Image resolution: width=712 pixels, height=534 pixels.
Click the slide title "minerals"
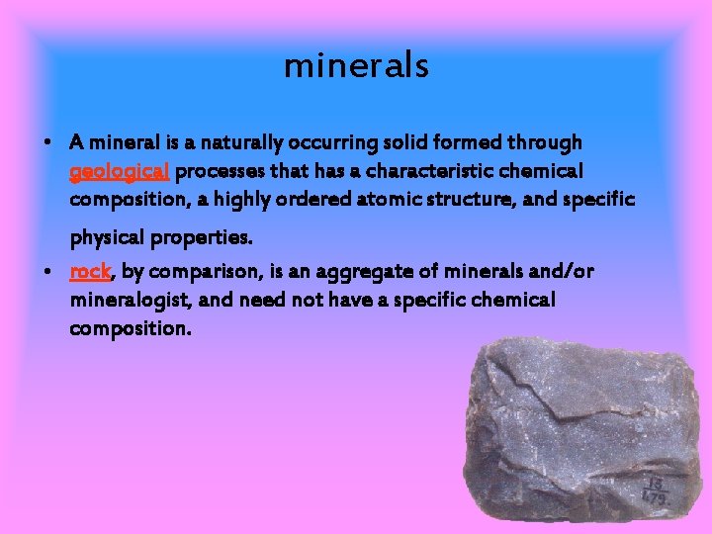click(x=356, y=65)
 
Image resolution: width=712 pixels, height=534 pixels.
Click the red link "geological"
click(x=121, y=172)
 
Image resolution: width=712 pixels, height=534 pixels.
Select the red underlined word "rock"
click(x=90, y=271)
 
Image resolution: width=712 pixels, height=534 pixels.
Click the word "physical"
click(x=107, y=238)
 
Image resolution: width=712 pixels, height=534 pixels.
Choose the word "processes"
click(x=221, y=171)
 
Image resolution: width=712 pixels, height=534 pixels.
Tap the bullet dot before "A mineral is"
click(x=47, y=143)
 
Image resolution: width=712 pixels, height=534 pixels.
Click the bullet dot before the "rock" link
click(x=47, y=271)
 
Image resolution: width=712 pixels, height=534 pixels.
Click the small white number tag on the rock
click(x=654, y=489)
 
